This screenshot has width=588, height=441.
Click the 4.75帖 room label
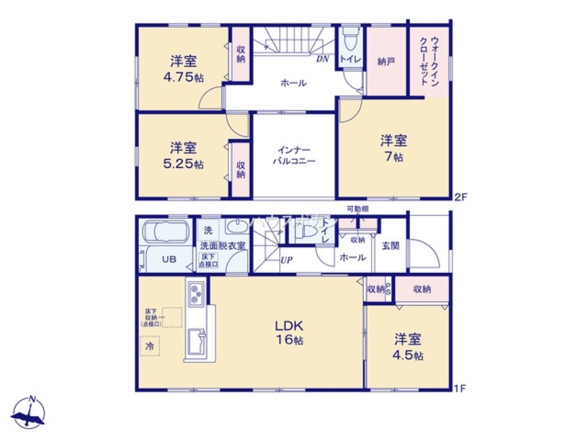[x=183, y=69]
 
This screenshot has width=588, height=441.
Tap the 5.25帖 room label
[x=183, y=156]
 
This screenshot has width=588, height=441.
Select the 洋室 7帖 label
[x=393, y=148]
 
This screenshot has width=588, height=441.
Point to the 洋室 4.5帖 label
[x=408, y=347]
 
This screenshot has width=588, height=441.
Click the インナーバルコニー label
[x=293, y=155]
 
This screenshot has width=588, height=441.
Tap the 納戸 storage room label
[x=386, y=61]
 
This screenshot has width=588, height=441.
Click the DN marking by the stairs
[x=323, y=59]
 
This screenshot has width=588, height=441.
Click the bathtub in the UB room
[x=164, y=232]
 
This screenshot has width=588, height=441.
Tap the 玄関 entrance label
[x=390, y=245]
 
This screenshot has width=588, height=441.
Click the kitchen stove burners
[x=196, y=293]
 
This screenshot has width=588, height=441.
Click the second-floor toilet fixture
[x=350, y=41]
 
